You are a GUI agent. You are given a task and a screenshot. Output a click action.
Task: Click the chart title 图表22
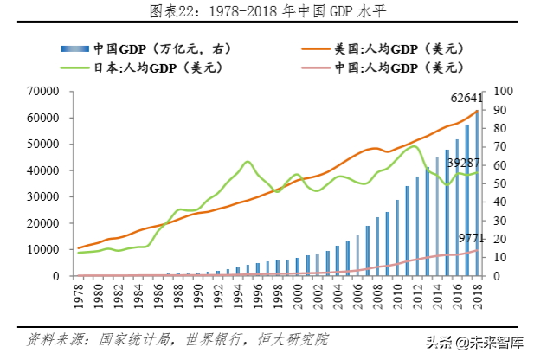pos(267,11)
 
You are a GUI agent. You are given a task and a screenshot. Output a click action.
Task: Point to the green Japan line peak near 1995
pos(248,162)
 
